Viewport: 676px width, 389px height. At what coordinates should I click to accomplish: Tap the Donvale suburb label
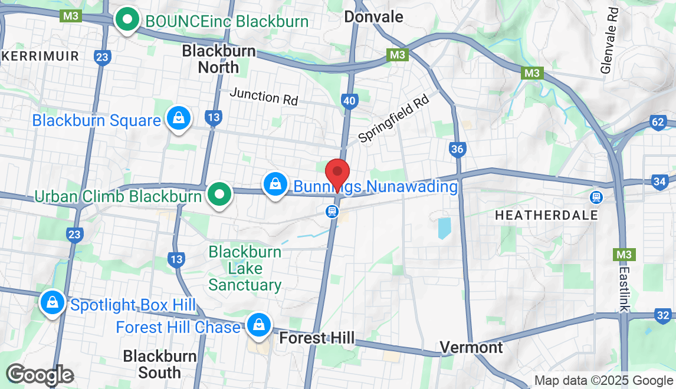coord(373,17)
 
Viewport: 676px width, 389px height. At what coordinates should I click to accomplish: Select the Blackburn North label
coord(218,59)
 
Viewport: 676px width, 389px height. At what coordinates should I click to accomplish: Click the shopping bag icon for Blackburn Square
coord(178,118)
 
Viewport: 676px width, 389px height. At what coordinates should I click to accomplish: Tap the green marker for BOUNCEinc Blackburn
coord(126,20)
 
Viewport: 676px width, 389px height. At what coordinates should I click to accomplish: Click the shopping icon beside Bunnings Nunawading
coord(275,184)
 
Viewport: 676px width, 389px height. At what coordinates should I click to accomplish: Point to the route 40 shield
coord(349,101)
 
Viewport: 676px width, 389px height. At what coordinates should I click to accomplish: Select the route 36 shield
coord(457,149)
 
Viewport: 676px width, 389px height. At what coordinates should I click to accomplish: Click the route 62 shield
coord(659,123)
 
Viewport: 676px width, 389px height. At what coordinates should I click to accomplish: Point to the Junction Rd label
coord(264,96)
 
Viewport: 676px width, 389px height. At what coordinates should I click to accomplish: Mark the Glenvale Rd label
coord(609,41)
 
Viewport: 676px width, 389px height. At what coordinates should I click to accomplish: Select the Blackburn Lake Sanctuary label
coord(245,269)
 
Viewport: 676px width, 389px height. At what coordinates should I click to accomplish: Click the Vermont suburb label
coord(472,347)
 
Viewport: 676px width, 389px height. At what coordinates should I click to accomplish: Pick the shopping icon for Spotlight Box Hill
coord(52,303)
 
